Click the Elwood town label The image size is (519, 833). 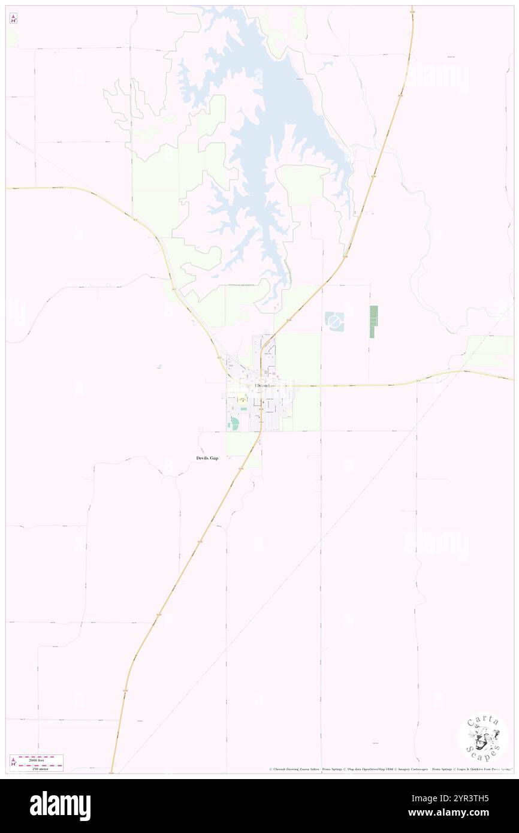(262, 385)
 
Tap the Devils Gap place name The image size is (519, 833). (207, 458)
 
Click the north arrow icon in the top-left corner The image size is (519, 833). (13, 19)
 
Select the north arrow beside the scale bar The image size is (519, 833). (13, 763)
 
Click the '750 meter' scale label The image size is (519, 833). (41, 767)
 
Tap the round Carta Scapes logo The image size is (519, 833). (483, 738)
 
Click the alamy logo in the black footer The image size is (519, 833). (60, 806)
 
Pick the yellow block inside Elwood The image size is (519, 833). (242, 397)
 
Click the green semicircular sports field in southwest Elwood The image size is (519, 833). (233, 424)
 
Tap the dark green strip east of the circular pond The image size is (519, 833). (373, 321)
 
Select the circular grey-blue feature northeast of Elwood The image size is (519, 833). (334, 322)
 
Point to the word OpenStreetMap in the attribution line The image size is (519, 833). (377, 769)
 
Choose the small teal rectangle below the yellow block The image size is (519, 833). (244, 409)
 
